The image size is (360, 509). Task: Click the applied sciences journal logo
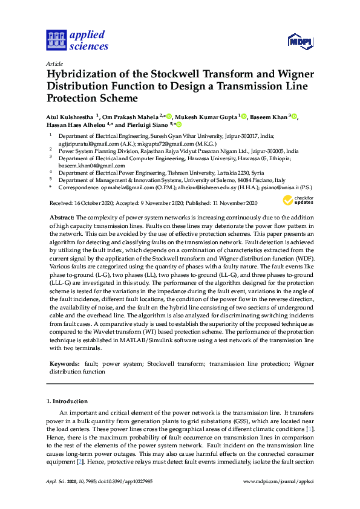(77, 40)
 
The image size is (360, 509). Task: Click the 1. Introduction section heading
(67, 401)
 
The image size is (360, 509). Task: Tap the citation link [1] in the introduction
(311, 429)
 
